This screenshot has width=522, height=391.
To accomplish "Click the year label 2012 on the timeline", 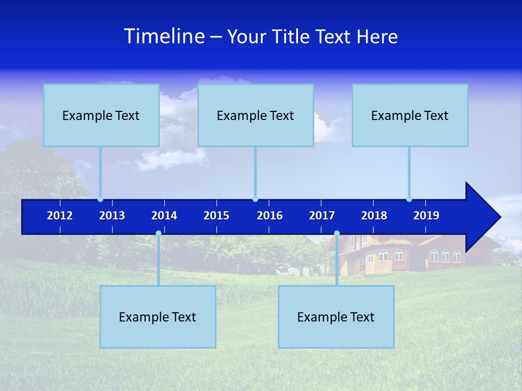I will pyautogui.click(x=60, y=216).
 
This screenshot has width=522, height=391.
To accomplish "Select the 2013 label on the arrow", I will pyautogui.click(x=112, y=216).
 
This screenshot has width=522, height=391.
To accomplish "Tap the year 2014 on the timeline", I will pyautogui.click(x=164, y=216).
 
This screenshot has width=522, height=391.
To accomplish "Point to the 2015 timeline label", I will pyautogui.click(x=216, y=216).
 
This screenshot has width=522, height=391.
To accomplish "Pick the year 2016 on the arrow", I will pyautogui.click(x=270, y=216).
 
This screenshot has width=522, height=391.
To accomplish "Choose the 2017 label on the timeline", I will pyautogui.click(x=322, y=216).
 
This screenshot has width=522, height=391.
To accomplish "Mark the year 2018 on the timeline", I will pyautogui.click(x=374, y=216).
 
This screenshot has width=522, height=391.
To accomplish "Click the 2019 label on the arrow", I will pyautogui.click(x=426, y=216).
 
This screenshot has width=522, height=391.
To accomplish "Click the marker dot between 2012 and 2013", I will pyautogui.click(x=100, y=199).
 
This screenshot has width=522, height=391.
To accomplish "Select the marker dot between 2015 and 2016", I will pyautogui.click(x=255, y=199).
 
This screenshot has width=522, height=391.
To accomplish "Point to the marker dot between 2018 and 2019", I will pyautogui.click(x=409, y=199).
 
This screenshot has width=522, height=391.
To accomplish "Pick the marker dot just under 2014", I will pyautogui.click(x=158, y=234).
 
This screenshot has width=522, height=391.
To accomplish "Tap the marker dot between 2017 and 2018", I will pyautogui.click(x=337, y=234).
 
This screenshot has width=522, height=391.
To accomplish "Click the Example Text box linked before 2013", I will pyautogui.click(x=101, y=115).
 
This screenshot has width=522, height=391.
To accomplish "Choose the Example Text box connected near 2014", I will pyautogui.click(x=158, y=317).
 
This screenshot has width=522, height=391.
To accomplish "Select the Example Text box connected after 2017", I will pyautogui.click(x=336, y=317).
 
